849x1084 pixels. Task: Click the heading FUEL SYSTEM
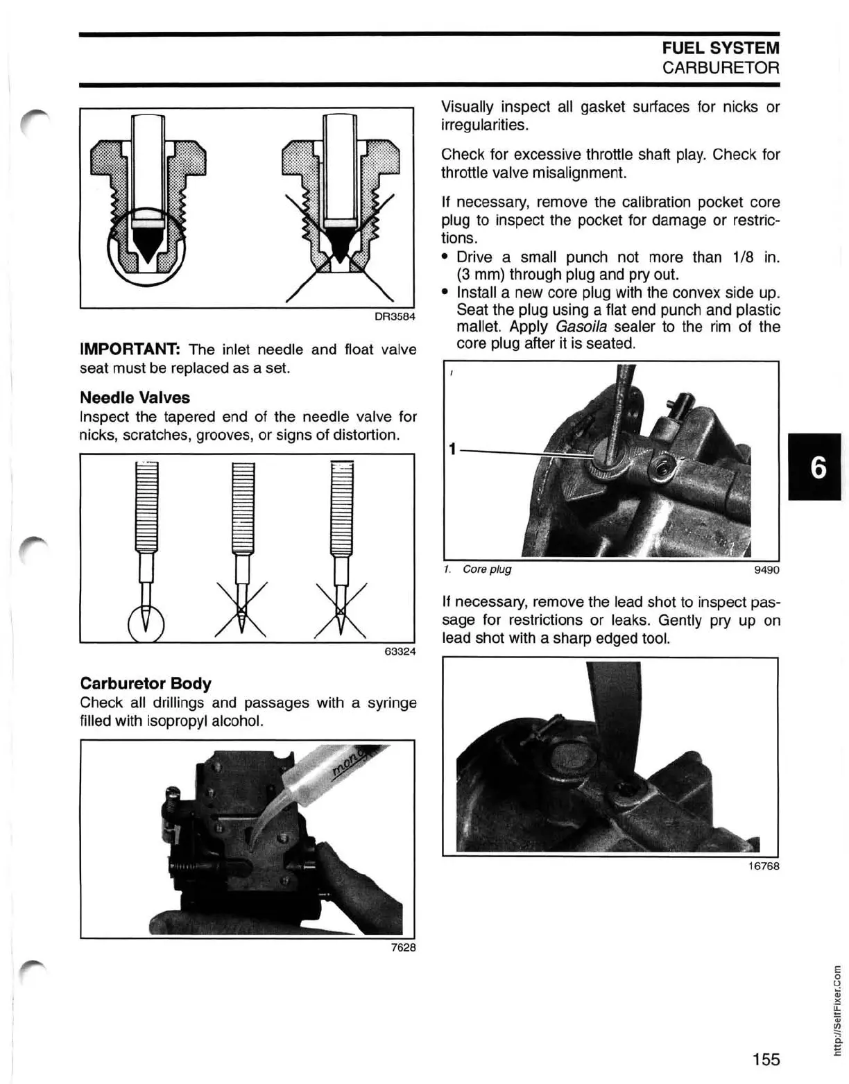pos(721,48)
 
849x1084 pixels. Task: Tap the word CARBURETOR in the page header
pos(721,67)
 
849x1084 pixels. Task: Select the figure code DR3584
pos(395,317)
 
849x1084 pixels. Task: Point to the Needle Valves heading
pos(135,397)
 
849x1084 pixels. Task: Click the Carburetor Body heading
pos(146,683)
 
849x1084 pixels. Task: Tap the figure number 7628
pos(403,947)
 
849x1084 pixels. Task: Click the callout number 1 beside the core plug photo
pos(452,450)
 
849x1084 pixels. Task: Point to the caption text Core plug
pos(487,569)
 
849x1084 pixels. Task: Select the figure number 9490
pos(766,570)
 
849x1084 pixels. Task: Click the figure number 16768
pos(763,866)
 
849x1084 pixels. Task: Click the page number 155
pos(766,1059)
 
